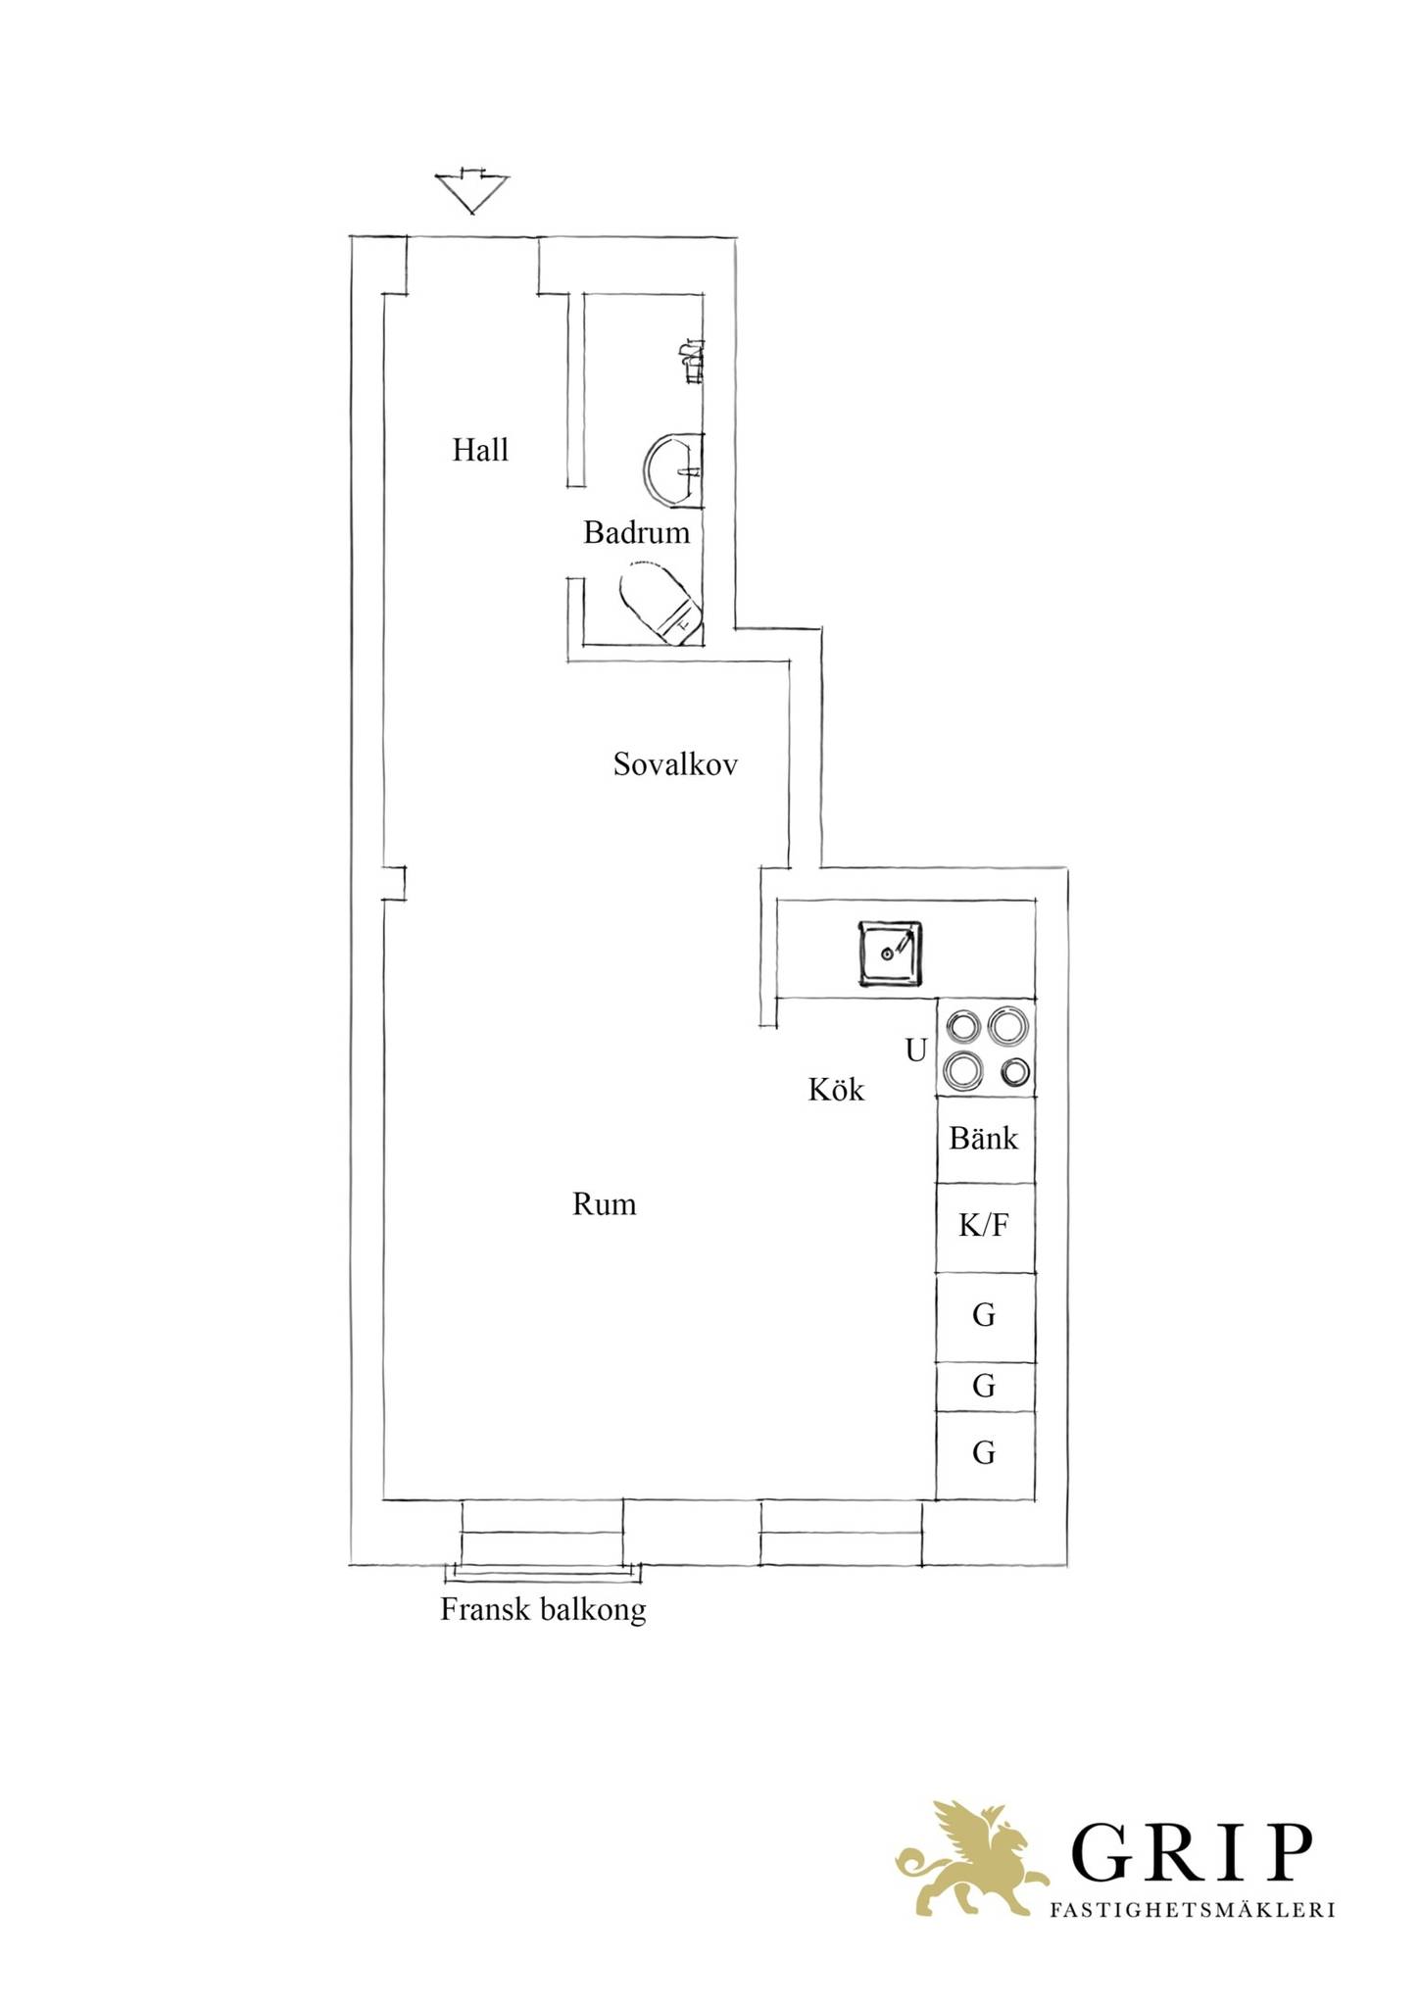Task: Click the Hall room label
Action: [x=480, y=450]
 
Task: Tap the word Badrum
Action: [x=637, y=532]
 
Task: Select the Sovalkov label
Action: [x=675, y=763]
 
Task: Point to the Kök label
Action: [x=836, y=1089]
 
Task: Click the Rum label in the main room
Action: [x=604, y=1203]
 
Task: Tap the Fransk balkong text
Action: [x=543, y=1610]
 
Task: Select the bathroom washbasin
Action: [x=674, y=470]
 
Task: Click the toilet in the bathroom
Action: [x=661, y=602]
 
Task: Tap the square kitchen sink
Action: [x=891, y=954]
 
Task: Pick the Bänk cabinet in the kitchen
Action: [x=985, y=1139]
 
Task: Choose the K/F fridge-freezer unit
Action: [x=985, y=1227]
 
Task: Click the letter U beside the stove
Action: [x=915, y=1051]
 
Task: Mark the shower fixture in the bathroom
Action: [x=692, y=362]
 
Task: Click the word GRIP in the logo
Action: [x=1191, y=1850]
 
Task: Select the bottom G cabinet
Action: [x=985, y=1454]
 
